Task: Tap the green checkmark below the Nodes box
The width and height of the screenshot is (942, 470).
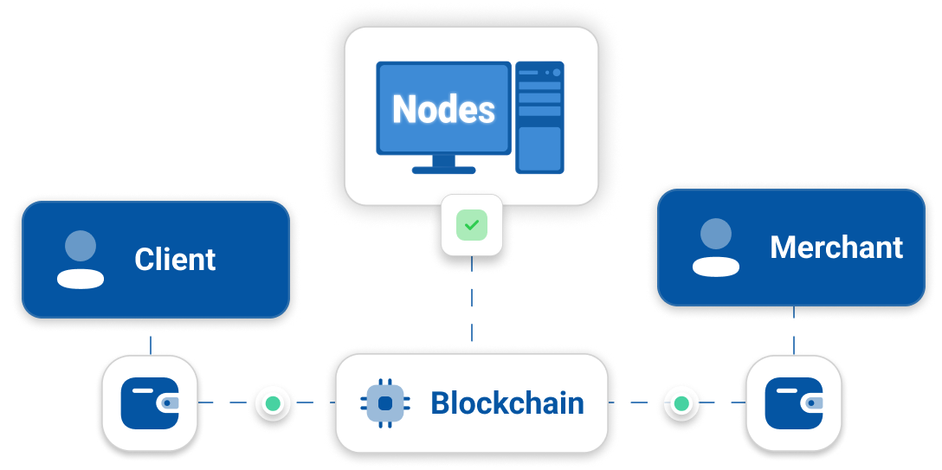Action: pyautogui.click(x=472, y=225)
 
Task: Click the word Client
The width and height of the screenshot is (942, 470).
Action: pyautogui.click(x=175, y=259)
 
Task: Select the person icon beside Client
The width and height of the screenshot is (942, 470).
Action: pyautogui.click(x=81, y=259)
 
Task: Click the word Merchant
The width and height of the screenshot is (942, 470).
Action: pyautogui.click(x=836, y=248)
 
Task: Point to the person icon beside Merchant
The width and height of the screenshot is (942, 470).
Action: pyautogui.click(x=716, y=248)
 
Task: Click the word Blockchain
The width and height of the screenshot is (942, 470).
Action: pyautogui.click(x=507, y=403)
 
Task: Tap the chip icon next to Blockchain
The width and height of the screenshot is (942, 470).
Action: pyautogui.click(x=384, y=403)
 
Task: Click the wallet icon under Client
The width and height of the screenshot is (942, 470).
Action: pyautogui.click(x=150, y=403)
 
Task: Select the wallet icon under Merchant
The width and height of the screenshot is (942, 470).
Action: pyautogui.click(x=794, y=403)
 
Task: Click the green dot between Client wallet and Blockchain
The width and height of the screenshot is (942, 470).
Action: pyautogui.click(x=273, y=403)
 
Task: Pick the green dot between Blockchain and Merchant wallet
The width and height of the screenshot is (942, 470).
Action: pyautogui.click(x=681, y=403)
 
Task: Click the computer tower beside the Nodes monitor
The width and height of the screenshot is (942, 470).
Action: pyautogui.click(x=539, y=117)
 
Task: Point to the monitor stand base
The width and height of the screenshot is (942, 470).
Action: pyautogui.click(x=443, y=170)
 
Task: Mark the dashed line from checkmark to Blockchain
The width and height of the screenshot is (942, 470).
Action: pyautogui.click(x=472, y=303)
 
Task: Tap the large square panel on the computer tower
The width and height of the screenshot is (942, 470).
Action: pyautogui.click(x=539, y=148)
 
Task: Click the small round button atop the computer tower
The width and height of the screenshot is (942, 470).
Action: pyautogui.click(x=556, y=73)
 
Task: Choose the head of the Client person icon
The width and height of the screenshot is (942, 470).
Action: pyautogui.click(x=81, y=246)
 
